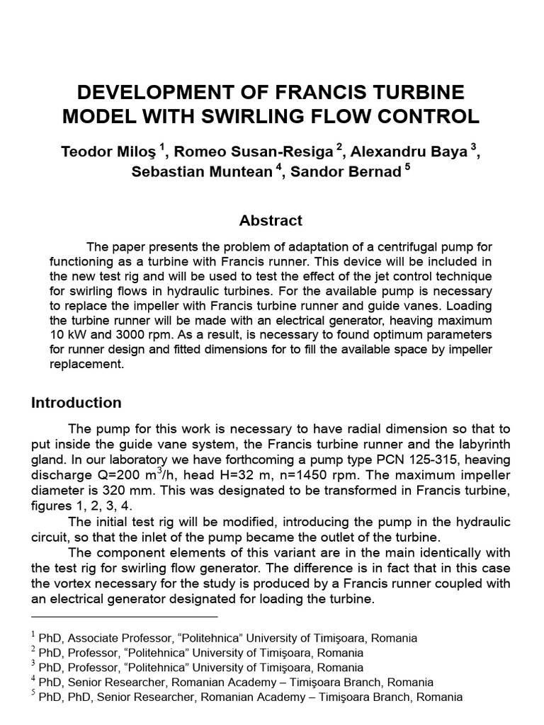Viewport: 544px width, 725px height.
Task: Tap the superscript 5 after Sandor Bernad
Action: pos(407,169)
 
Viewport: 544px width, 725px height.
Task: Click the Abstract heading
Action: pos(271,220)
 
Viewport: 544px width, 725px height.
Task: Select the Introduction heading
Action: pos(76,403)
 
